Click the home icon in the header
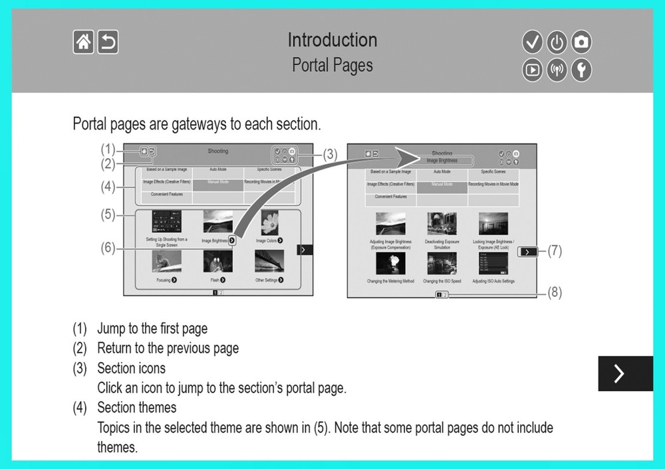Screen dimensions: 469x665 point(83,43)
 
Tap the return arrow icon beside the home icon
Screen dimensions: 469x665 point(108,43)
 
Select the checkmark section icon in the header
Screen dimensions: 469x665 point(532,43)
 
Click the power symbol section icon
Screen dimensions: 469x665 point(557,43)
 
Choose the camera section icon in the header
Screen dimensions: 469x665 point(581,43)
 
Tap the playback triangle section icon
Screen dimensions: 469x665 point(532,69)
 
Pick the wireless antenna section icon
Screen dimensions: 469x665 point(557,69)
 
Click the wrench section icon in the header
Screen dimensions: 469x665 point(581,69)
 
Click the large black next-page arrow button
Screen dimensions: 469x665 point(625,373)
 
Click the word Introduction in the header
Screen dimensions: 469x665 point(332,40)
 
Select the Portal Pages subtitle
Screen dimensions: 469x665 point(332,65)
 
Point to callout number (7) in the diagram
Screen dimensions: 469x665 point(555,251)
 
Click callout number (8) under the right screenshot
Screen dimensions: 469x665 point(555,293)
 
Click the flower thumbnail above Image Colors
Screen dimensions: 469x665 point(269,223)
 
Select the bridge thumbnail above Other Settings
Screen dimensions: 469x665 point(269,261)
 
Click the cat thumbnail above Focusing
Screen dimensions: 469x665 point(166,261)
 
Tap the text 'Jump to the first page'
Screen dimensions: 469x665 point(152,328)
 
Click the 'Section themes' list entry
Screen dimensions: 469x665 point(137,407)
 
